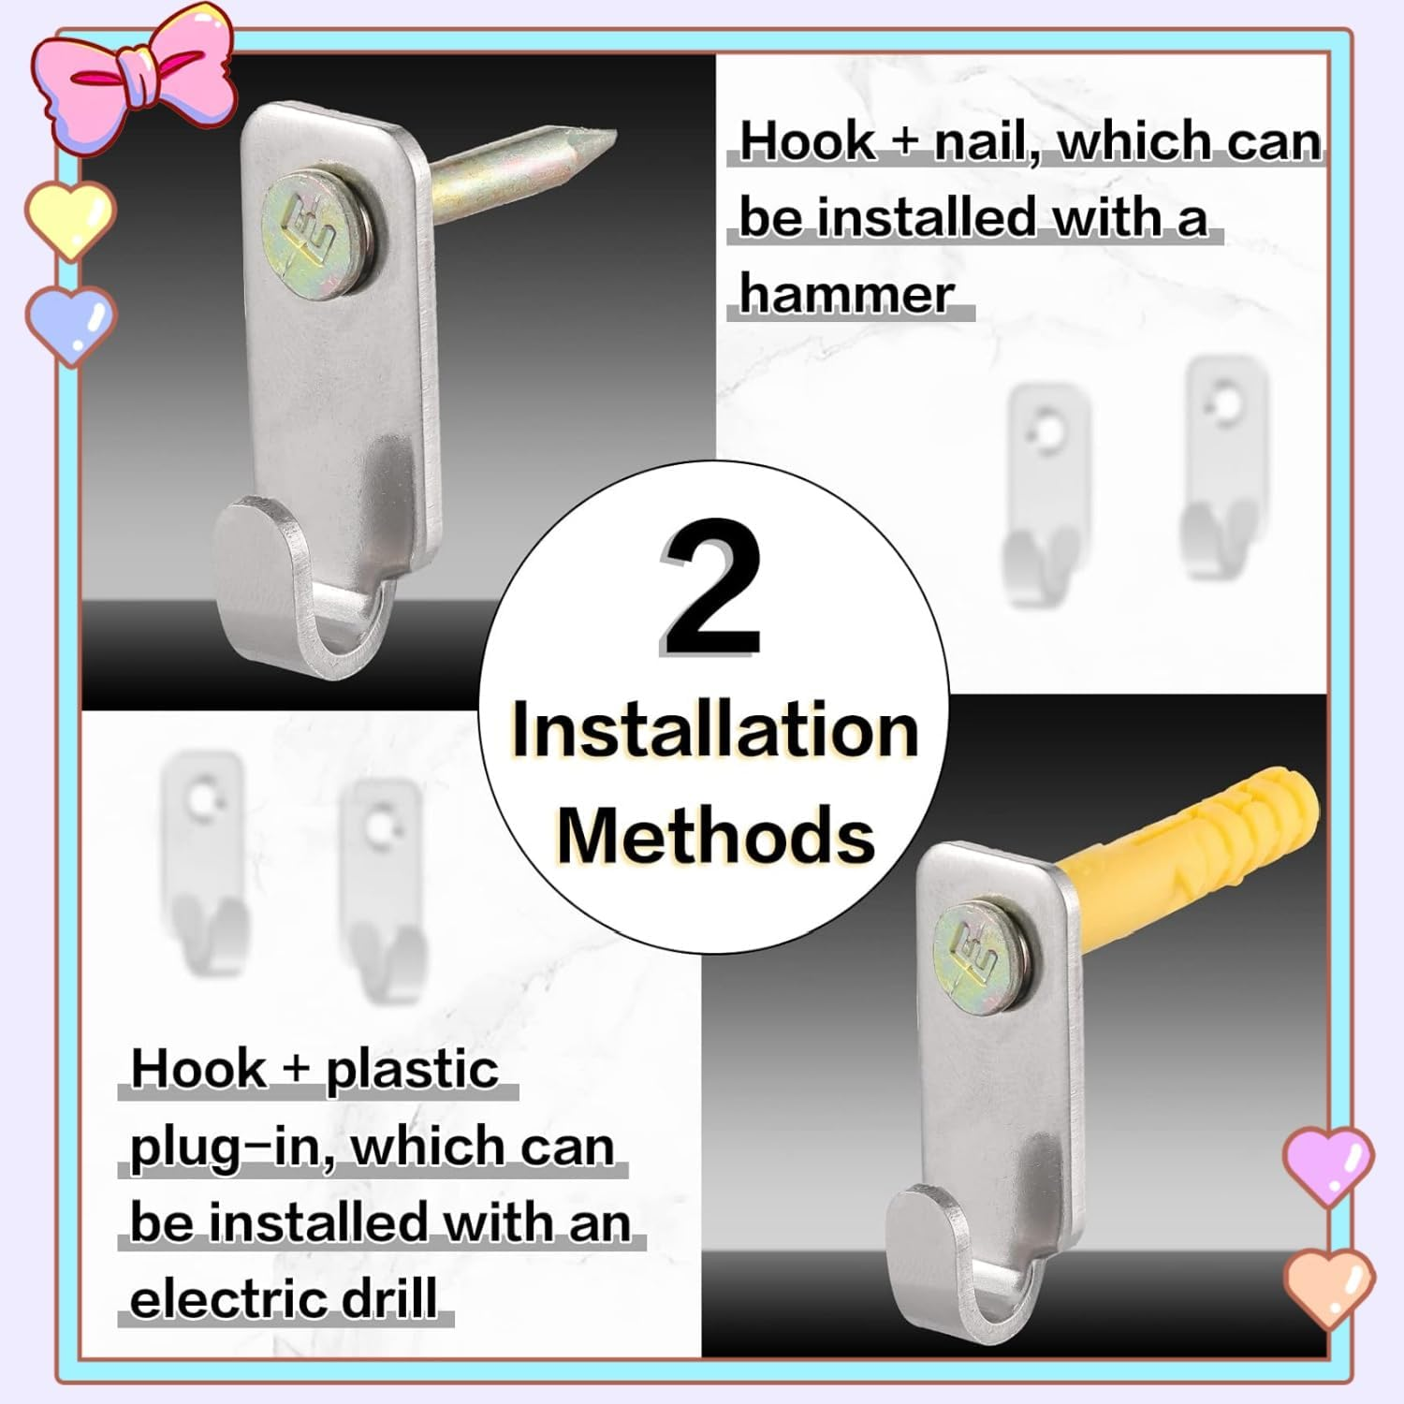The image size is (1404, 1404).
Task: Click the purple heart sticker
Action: point(1328,1163)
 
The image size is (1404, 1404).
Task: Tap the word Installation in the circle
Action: point(715,732)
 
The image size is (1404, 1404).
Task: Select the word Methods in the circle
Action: point(716,835)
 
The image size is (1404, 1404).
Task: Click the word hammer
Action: point(846,294)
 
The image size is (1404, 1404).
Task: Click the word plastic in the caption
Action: point(412,1070)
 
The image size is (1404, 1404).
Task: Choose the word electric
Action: point(230,1299)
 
